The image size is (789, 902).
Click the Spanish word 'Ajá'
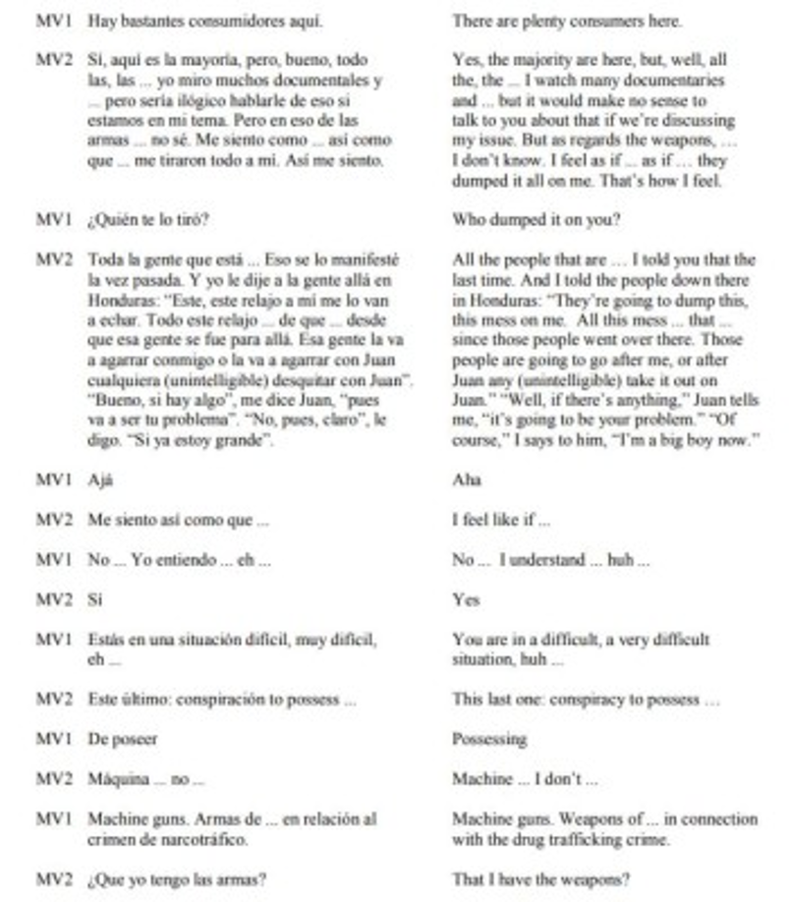(100, 480)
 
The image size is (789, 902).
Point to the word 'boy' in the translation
(703, 440)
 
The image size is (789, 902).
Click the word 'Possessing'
(489, 739)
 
